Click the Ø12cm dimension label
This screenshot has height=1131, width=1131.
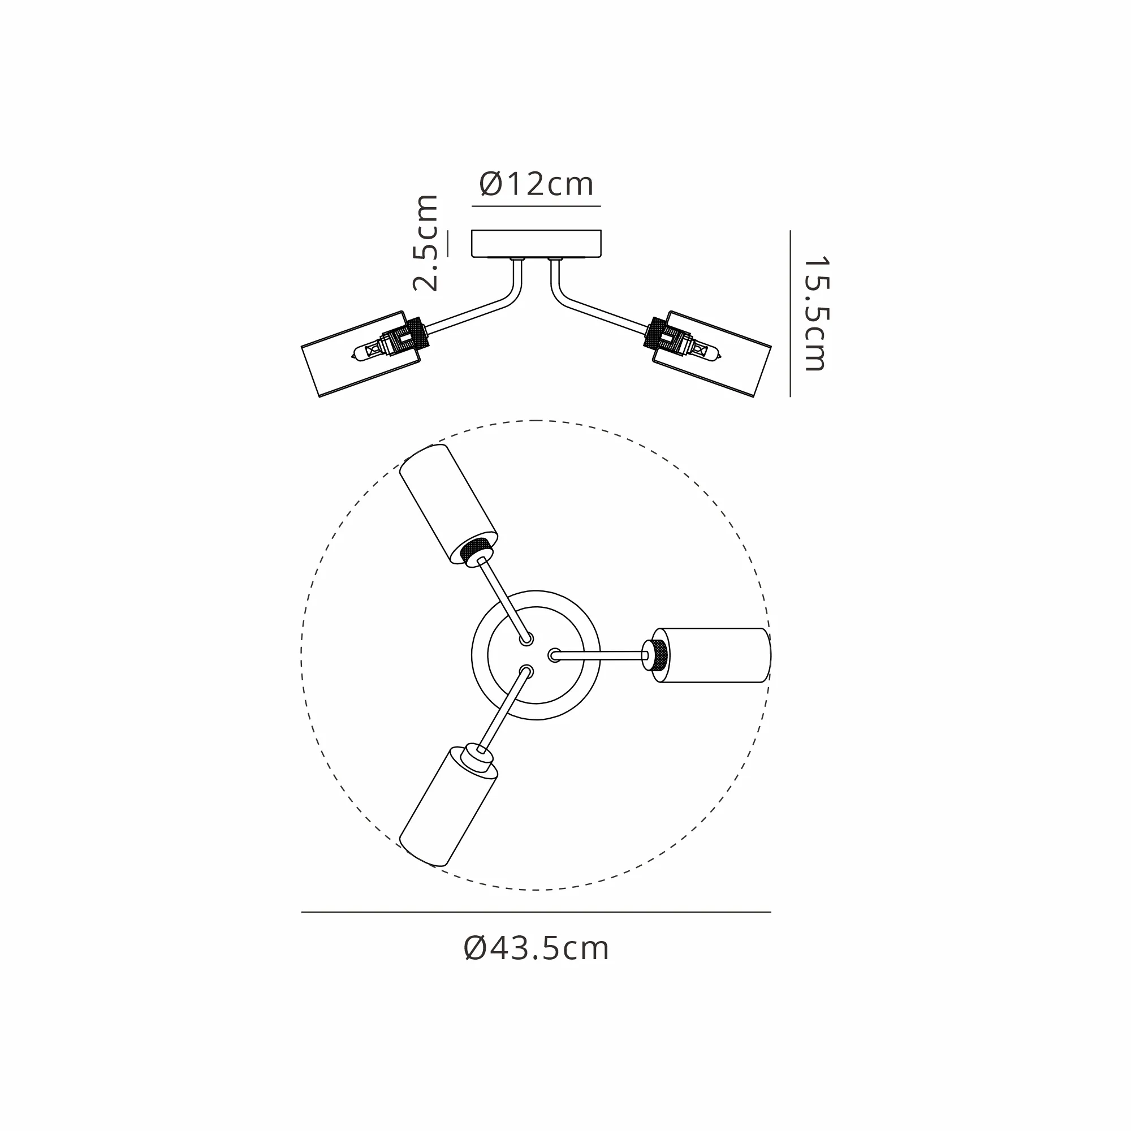pos(536,184)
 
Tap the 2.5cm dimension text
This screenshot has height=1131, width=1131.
pos(426,243)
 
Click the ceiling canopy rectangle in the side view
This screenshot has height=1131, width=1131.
pos(536,244)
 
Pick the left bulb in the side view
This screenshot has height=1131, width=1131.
pos(372,349)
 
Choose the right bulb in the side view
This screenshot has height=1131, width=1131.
pos(700,349)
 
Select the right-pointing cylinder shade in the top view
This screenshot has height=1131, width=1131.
pos(711,655)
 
